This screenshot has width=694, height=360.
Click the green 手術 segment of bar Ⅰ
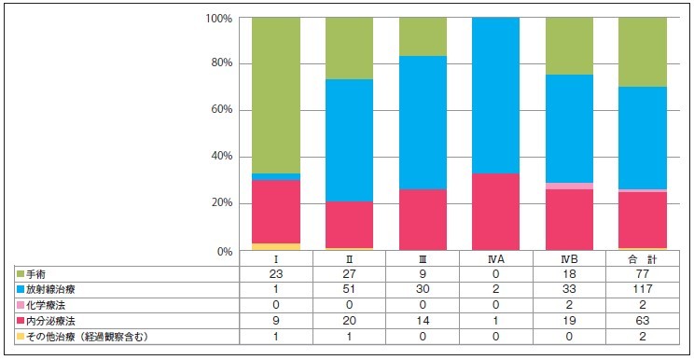276,95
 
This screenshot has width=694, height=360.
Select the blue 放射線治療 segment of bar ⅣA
495,95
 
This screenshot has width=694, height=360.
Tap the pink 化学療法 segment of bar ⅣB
569,187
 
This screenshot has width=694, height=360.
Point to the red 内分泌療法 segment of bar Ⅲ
423,220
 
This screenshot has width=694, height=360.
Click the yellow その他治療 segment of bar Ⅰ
276,247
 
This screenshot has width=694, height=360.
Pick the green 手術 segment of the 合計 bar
643,52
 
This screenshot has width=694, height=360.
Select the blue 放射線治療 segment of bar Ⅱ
349,141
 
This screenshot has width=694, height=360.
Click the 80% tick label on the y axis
222,63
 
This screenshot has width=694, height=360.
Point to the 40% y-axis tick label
222,157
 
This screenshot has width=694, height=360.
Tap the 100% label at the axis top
219,19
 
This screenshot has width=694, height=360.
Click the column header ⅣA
495,259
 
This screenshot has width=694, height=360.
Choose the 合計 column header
643,259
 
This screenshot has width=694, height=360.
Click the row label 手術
35,274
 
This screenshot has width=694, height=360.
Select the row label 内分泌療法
50,321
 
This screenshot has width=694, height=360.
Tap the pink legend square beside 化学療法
21,306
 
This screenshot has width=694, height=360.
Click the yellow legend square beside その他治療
21,337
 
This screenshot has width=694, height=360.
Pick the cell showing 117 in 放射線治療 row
643,290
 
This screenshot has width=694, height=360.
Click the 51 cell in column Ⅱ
349,290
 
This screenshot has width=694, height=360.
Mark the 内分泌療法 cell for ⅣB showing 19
569,321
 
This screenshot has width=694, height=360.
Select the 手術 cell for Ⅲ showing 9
423,274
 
